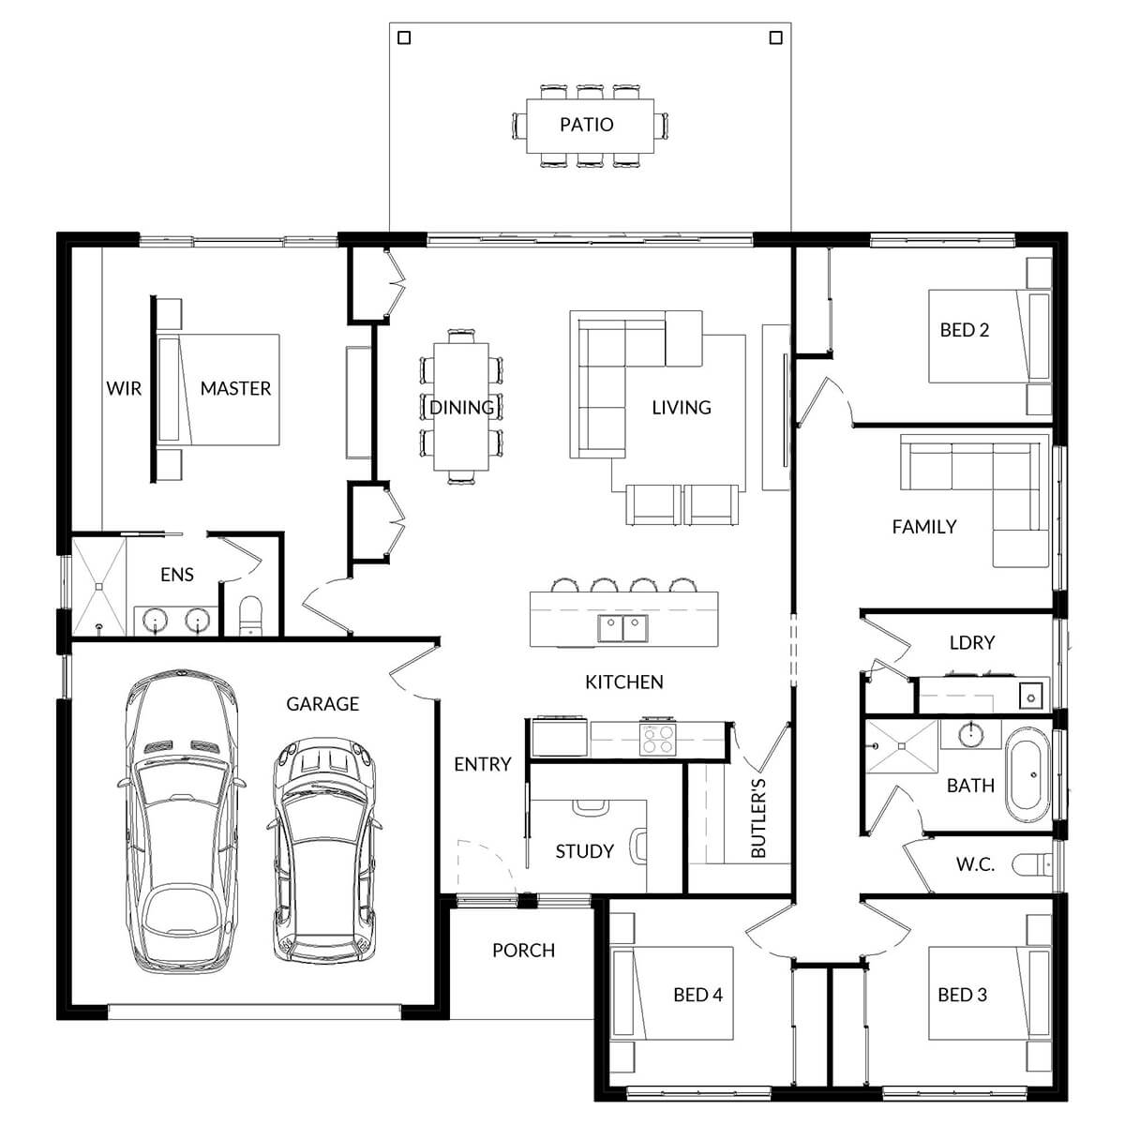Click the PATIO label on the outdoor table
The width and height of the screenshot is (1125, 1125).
click(586, 125)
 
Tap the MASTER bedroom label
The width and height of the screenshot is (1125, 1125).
click(235, 388)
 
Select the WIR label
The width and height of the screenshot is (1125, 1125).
click(124, 388)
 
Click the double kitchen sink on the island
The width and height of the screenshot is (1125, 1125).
click(622, 627)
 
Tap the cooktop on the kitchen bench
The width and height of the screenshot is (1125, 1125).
click(658, 739)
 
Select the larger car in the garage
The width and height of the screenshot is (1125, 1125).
click(180, 820)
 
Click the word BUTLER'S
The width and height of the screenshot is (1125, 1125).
click(758, 817)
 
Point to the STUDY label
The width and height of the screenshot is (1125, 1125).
click(584, 851)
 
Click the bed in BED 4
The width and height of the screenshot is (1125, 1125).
click(671, 995)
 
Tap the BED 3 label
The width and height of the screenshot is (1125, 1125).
click(962, 995)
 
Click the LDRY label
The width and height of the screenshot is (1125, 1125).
click(971, 643)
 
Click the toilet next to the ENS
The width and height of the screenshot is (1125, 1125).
click(252, 617)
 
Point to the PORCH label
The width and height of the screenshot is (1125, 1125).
click(523, 951)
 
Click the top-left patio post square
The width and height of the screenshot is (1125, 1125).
click(404, 38)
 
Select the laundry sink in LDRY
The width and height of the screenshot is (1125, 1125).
click(1031, 697)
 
